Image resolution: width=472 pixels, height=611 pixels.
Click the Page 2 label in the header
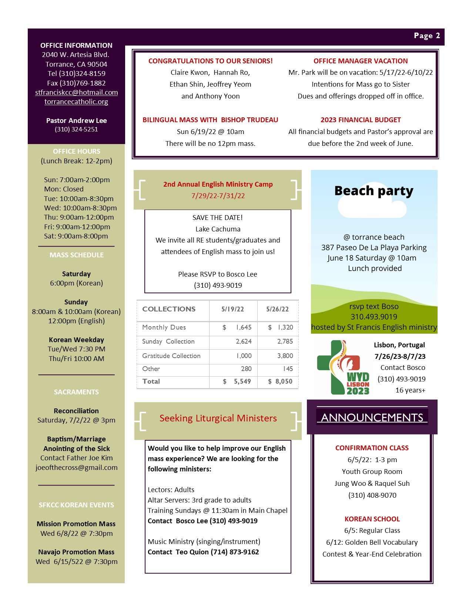click(x=426, y=36)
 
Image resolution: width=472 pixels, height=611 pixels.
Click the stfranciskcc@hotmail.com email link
click(x=76, y=93)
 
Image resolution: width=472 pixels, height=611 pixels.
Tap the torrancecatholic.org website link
click(x=76, y=102)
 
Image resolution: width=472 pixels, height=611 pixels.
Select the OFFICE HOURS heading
click(x=76, y=151)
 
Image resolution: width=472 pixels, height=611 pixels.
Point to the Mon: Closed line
click(x=64, y=189)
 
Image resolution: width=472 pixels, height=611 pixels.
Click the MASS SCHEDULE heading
click(x=76, y=255)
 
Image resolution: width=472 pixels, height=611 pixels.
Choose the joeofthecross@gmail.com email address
click(x=76, y=468)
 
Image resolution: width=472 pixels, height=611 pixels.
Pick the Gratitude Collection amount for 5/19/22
click(x=244, y=356)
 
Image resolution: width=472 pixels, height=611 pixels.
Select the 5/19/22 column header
click(x=232, y=309)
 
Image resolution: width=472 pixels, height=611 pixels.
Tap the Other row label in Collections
click(x=151, y=369)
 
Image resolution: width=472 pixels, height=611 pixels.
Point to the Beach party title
click(x=374, y=191)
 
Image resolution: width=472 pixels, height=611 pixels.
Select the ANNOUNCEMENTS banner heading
click(x=372, y=418)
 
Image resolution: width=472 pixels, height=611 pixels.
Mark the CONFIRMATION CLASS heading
click(x=372, y=448)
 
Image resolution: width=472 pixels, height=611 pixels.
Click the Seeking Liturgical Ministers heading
click(x=218, y=418)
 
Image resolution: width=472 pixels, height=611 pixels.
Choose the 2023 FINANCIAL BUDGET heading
click(x=361, y=120)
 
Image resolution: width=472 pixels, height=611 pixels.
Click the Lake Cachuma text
click(x=218, y=229)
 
